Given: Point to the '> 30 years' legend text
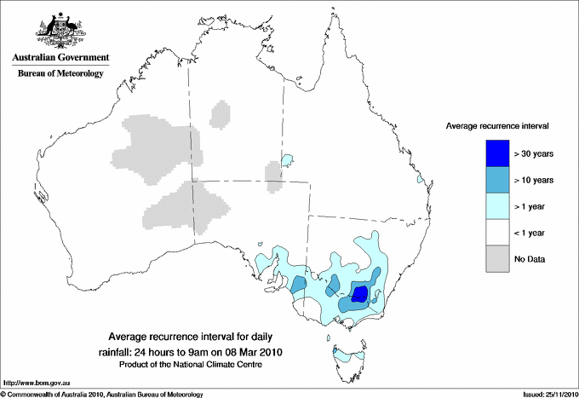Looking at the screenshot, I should pos(534,153).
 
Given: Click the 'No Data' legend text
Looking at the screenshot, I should pos(530,259).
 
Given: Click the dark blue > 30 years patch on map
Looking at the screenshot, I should pos(359,294).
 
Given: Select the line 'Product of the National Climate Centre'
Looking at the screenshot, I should pos(189,365).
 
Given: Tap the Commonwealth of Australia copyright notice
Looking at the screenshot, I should pos(102,393).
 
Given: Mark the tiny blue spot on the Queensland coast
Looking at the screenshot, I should pos(419,180).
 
